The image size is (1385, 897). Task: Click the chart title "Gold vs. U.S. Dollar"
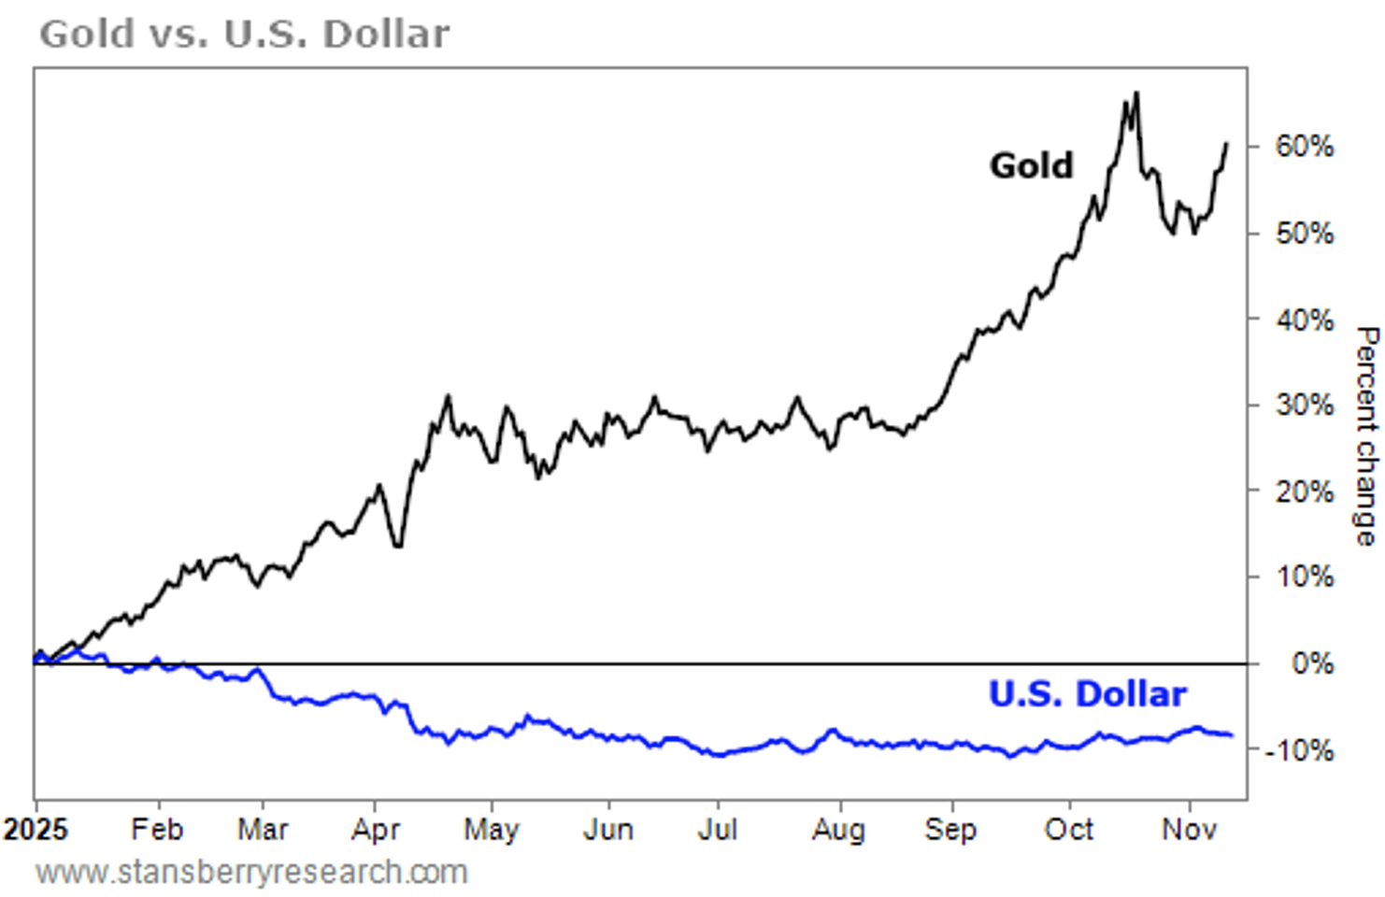coord(244,34)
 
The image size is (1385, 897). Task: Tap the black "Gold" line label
coord(1032,165)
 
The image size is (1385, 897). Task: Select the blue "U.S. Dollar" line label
coord(1087,694)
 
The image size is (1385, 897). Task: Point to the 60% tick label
coord(1305,147)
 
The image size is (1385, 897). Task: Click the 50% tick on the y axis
coord(1305,234)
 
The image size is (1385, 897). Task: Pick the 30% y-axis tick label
coord(1305,406)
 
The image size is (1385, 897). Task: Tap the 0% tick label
coord(1312,664)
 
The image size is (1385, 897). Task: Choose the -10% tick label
coord(1299,750)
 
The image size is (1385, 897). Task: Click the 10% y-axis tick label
coord(1305,577)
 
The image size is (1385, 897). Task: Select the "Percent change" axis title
coord(1366,435)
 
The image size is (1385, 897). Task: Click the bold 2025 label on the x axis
coord(36,830)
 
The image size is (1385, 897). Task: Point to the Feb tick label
coord(157,830)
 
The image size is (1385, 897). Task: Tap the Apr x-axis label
coord(376,830)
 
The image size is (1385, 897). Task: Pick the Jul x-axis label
coord(718,830)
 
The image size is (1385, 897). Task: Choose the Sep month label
coord(950,830)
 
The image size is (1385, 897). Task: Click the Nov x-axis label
coord(1189,830)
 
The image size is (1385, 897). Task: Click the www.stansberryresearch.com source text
coord(251,873)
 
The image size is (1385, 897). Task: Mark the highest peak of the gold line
coord(1135,93)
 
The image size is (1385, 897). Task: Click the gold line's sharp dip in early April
coord(399,546)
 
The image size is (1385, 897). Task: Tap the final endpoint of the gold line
coord(1227,143)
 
